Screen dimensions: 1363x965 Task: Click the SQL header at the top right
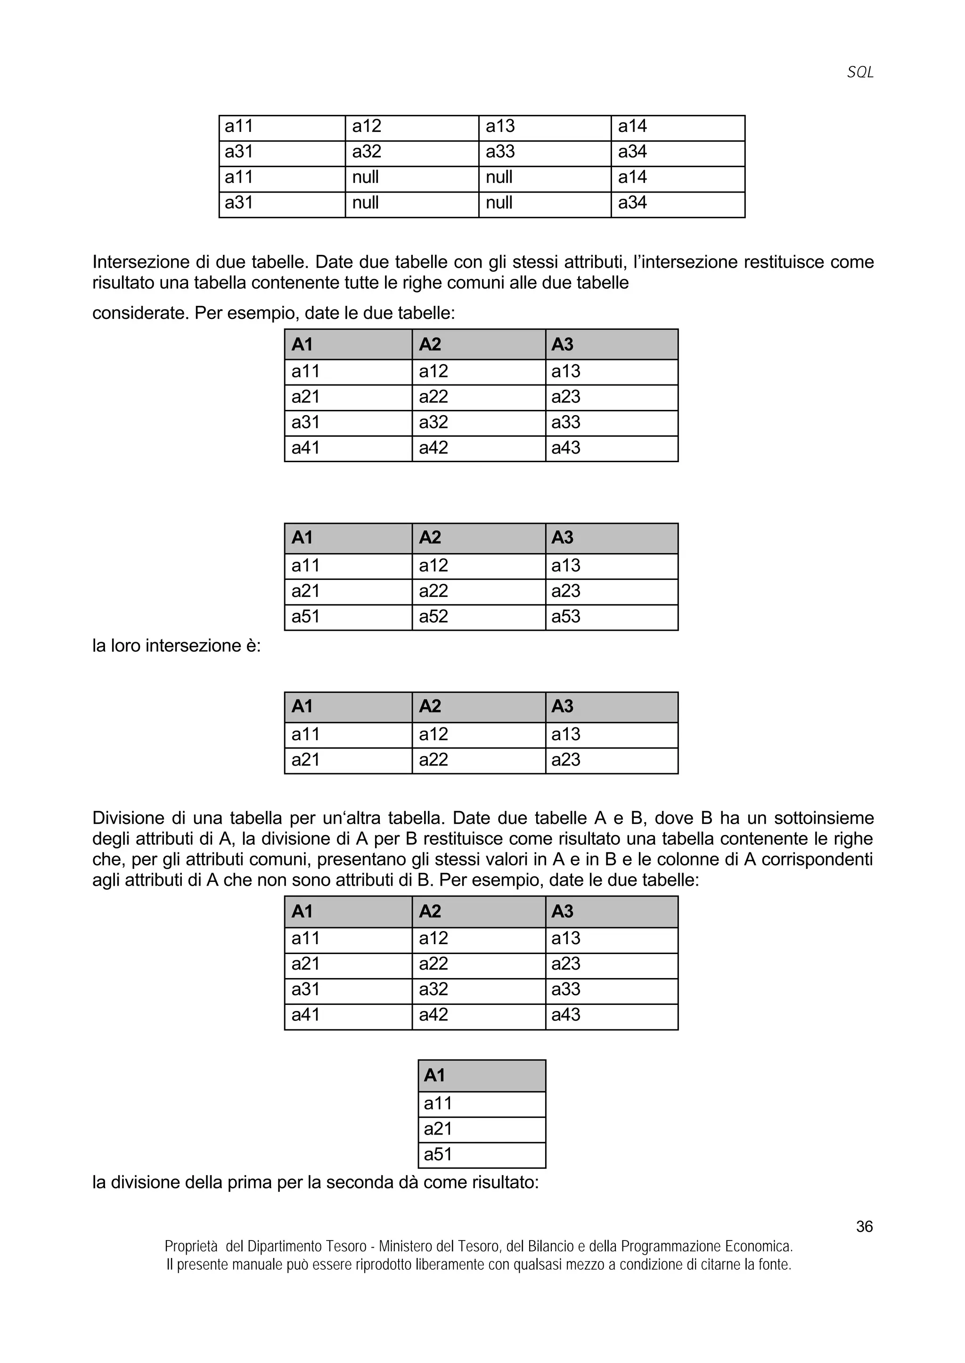click(860, 73)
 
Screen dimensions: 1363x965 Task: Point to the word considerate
click(140, 313)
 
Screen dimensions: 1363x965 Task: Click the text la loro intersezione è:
click(177, 646)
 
